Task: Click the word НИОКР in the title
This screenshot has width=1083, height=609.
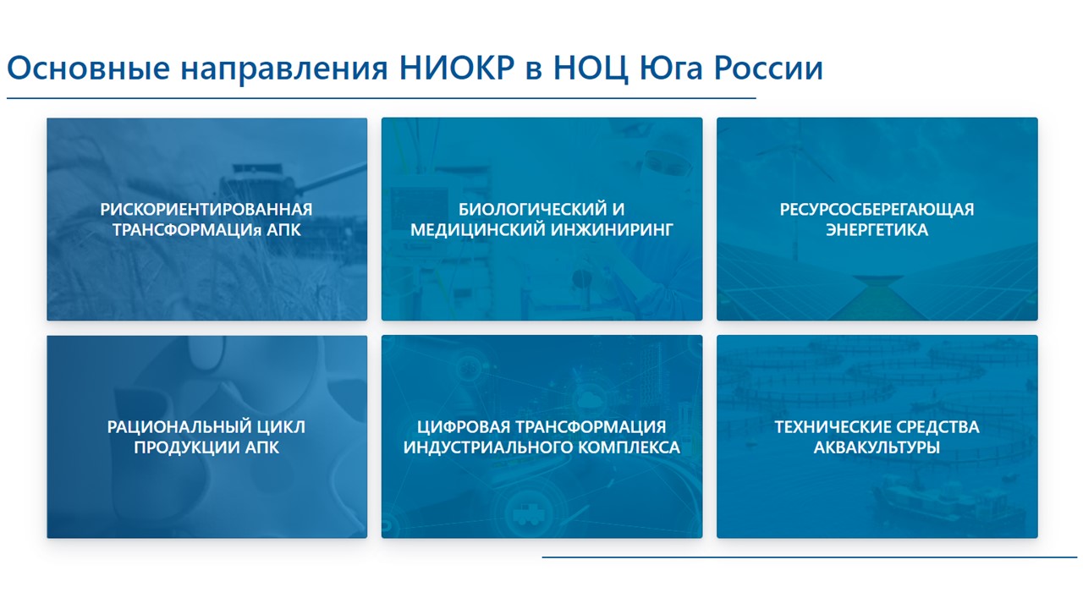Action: point(457,68)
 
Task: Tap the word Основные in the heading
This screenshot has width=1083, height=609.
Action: point(89,68)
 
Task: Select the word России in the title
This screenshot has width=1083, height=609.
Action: point(768,68)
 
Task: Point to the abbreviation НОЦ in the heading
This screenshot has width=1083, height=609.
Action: point(591,69)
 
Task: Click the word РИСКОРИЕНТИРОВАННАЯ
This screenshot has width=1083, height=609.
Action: point(206,209)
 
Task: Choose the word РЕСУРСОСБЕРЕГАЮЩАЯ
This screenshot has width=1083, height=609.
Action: point(877,209)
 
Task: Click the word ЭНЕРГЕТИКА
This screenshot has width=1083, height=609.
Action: point(877,229)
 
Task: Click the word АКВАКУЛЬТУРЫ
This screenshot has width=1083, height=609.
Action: point(877,447)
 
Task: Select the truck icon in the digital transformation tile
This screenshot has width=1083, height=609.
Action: point(529,513)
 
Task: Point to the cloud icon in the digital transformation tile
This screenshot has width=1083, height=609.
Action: point(589,400)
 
